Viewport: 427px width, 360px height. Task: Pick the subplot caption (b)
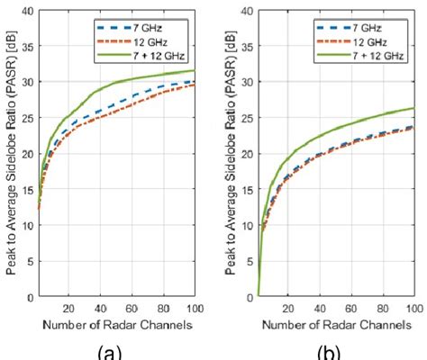click(334, 349)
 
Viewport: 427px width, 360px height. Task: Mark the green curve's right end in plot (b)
click(414, 108)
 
